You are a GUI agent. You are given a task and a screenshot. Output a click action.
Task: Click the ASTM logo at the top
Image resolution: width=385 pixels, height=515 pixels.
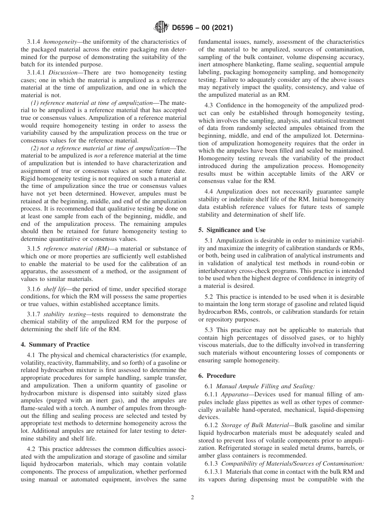[161, 28]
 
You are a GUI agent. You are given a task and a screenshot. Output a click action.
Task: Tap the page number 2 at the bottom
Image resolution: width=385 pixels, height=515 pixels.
[192, 498]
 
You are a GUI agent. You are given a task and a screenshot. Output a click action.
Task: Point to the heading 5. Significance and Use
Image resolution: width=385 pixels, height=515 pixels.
[232, 230]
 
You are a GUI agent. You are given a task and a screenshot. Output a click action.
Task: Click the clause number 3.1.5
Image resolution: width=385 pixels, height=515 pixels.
[34, 249]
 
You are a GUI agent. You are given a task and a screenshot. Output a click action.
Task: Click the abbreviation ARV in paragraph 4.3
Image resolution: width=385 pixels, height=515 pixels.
[336, 174]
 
